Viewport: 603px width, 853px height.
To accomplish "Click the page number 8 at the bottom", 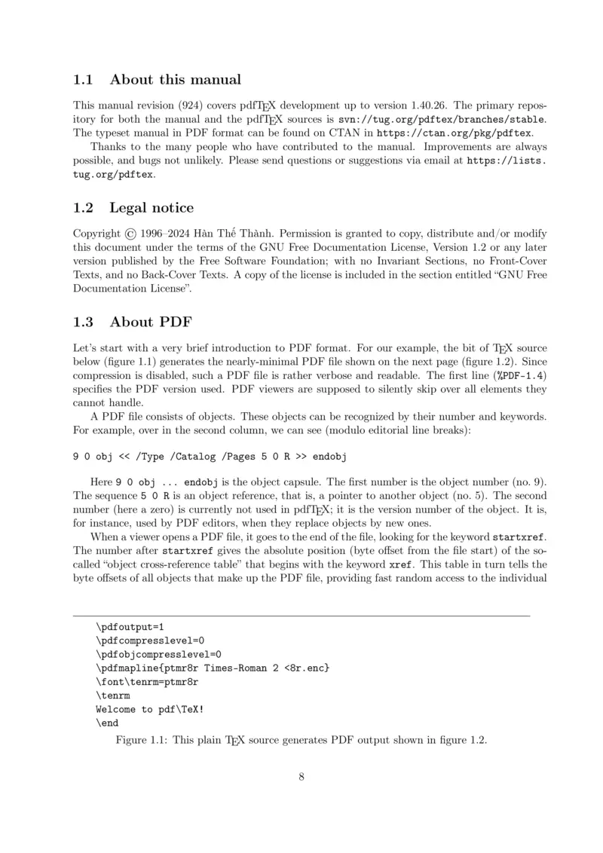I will point(301,777).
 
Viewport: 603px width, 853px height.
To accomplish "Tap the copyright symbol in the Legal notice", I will point(132,234).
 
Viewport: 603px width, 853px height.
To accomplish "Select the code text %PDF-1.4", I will point(520,375).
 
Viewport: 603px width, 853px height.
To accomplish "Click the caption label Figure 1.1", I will point(141,740).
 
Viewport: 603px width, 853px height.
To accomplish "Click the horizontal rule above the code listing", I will point(301,616).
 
